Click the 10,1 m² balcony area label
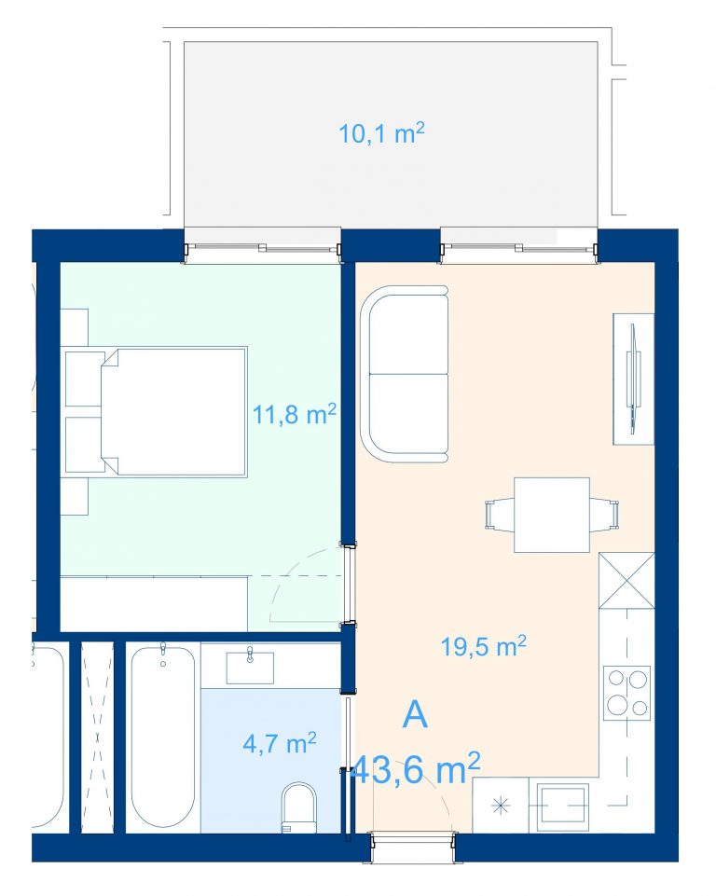point(381,133)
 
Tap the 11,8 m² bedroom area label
point(294,414)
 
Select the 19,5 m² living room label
point(484,646)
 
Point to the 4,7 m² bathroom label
point(280,743)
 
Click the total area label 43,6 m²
point(415,769)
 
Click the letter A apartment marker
point(415,714)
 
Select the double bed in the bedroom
point(173,411)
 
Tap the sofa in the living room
point(405,374)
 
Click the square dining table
point(551,515)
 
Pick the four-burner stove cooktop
point(627,693)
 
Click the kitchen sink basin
point(563,806)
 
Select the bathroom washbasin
point(250,668)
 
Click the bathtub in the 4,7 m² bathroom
point(163,737)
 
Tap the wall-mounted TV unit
point(633,379)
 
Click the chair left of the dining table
point(500,515)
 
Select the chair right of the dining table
point(604,515)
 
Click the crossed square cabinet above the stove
point(626,581)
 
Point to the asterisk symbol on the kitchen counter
point(500,806)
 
